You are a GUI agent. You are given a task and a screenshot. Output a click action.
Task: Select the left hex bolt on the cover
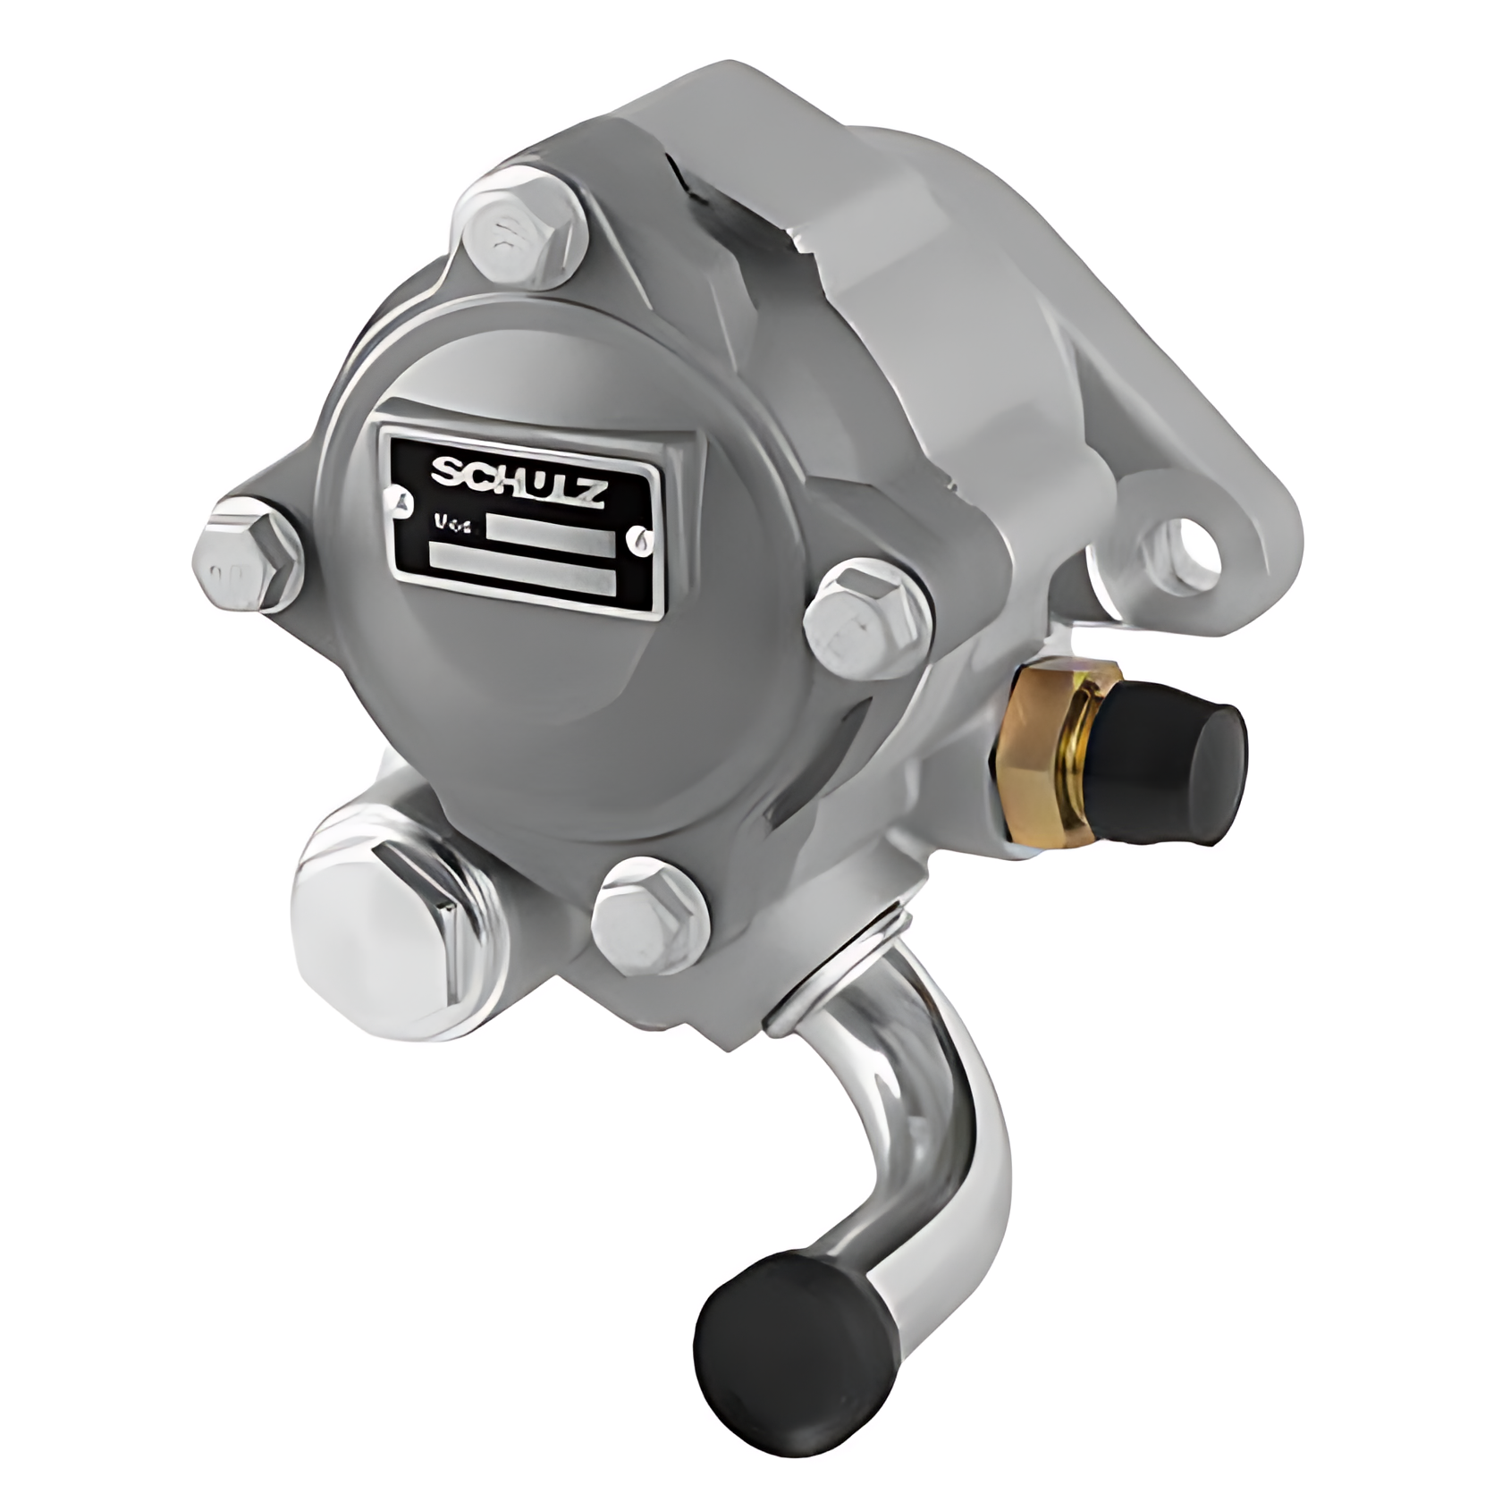(x=247, y=560)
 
